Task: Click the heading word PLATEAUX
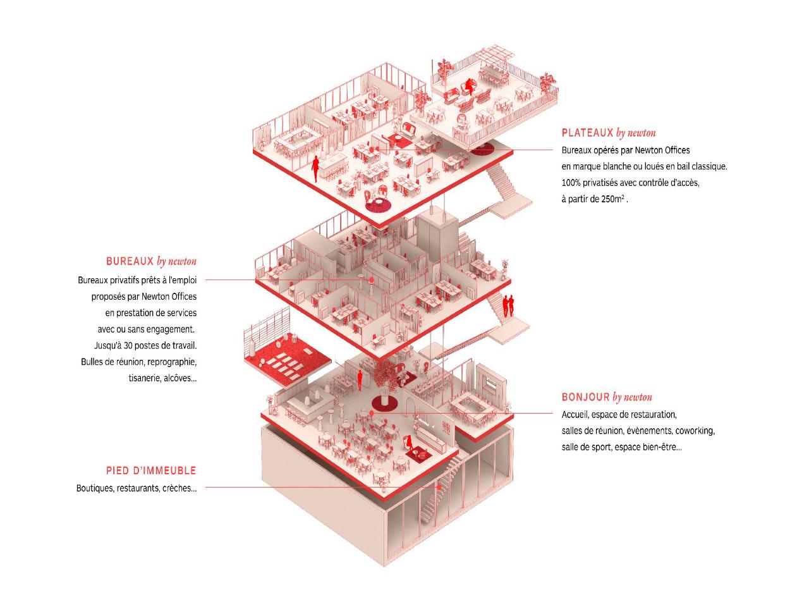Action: click(587, 133)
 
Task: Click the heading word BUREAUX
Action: click(130, 261)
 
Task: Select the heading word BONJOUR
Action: click(585, 397)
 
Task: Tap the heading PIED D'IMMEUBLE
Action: click(151, 470)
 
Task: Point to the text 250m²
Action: click(613, 199)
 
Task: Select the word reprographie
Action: click(172, 362)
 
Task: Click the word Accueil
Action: click(575, 415)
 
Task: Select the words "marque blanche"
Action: click(599, 166)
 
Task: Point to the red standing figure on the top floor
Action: click(315, 167)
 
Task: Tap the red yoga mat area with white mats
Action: click(288, 360)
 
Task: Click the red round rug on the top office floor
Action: click(379, 204)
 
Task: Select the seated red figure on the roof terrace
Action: click(469, 85)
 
